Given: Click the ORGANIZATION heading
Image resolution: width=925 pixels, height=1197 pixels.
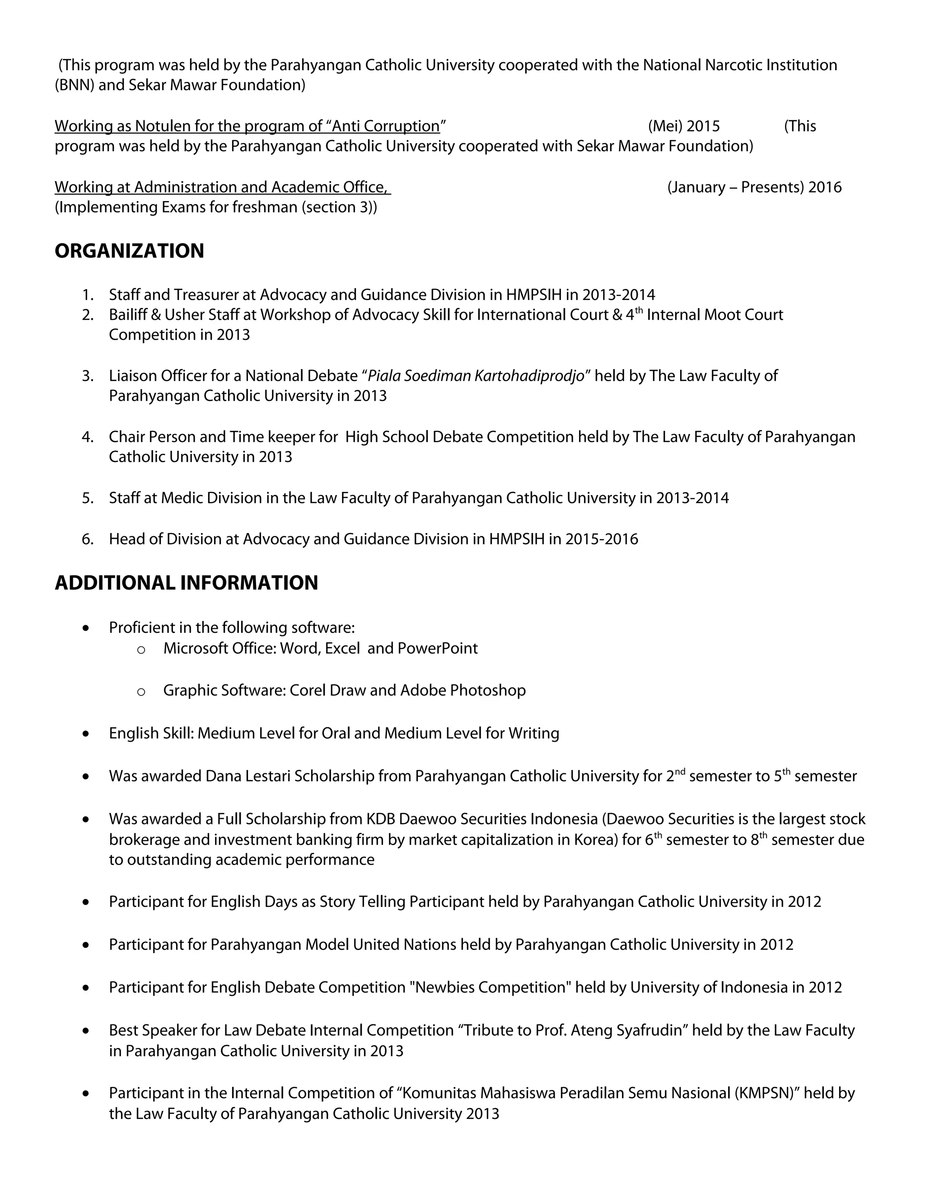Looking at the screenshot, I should [x=129, y=251].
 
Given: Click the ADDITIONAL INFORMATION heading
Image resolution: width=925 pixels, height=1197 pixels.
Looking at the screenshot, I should [x=187, y=583].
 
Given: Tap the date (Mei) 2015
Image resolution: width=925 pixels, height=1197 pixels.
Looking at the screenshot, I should [x=683, y=126].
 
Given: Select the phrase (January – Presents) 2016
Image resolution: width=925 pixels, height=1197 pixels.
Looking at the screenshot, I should [x=754, y=187].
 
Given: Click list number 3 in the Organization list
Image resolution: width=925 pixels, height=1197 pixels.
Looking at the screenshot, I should [x=88, y=376].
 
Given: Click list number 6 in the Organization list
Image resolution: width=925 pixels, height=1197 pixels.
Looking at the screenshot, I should [x=88, y=539].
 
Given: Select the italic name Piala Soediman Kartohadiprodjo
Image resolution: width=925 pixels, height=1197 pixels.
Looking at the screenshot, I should [x=476, y=376].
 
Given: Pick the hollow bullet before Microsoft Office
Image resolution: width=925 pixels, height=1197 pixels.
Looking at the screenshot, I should [x=141, y=650].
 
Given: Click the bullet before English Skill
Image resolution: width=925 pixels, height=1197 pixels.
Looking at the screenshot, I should [x=85, y=734].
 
